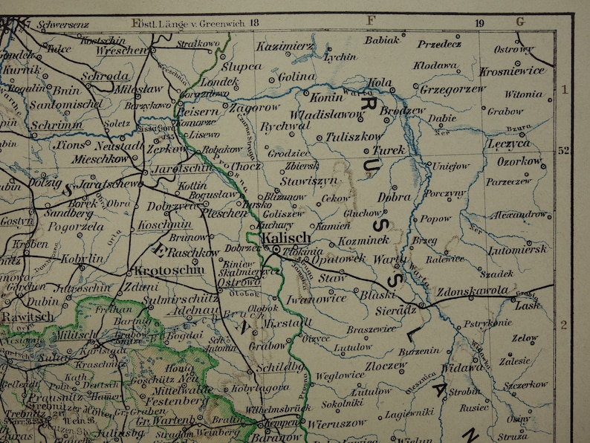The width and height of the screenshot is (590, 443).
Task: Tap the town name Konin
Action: [326, 97]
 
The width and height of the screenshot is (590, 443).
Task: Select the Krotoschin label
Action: [169, 271]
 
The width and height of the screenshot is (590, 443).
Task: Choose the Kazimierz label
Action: [285, 46]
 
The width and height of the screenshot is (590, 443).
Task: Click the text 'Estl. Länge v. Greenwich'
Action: [188, 22]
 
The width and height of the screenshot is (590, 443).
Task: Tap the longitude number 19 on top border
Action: [479, 23]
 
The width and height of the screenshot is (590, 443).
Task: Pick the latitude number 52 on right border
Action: [563, 151]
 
